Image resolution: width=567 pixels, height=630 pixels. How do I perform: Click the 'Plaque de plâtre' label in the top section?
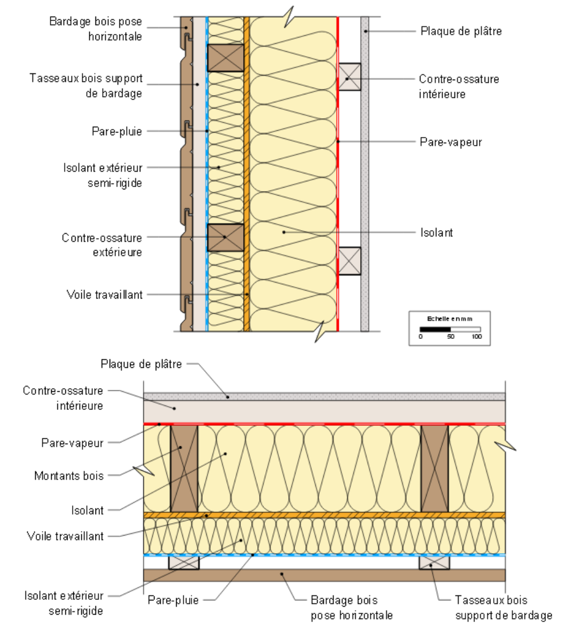coord(461,31)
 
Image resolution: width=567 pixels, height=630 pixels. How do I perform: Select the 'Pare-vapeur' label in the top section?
coord(451,142)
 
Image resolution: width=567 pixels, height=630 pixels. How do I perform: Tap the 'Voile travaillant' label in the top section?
coord(105,295)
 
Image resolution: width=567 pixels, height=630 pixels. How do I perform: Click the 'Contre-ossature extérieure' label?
coord(102,244)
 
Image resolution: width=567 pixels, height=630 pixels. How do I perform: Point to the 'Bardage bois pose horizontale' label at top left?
coord(95,29)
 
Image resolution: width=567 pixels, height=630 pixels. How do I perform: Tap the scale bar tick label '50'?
coord(451,337)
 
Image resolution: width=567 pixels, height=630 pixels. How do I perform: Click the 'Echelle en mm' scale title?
coord(449,318)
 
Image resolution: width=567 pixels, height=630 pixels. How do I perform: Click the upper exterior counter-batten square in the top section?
coord(226,57)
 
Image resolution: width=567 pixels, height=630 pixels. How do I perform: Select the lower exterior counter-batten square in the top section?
coord(226,238)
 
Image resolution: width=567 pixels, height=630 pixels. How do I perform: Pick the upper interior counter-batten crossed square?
coord(350,76)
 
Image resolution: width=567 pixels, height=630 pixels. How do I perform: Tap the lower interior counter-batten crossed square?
coord(350,261)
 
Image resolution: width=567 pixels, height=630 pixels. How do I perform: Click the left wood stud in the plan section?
coord(185,468)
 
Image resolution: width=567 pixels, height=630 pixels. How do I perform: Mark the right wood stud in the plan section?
coord(435,468)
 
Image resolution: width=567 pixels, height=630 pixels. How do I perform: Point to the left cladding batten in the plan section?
coord(184,562)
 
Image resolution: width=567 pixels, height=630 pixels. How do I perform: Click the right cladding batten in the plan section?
coord(434,562)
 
